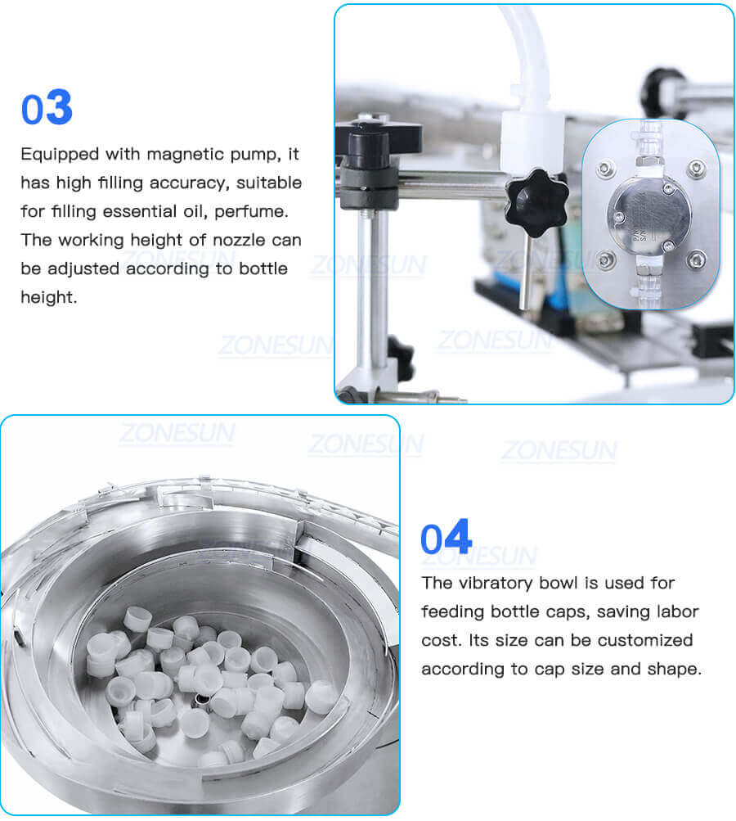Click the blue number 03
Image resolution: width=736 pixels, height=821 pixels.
coord(47,110)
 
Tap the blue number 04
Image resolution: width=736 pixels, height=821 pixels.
coord(446,539)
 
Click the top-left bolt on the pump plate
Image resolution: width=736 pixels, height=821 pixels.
coord(605,169)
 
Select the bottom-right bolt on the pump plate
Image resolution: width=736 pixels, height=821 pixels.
coord(695,260)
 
